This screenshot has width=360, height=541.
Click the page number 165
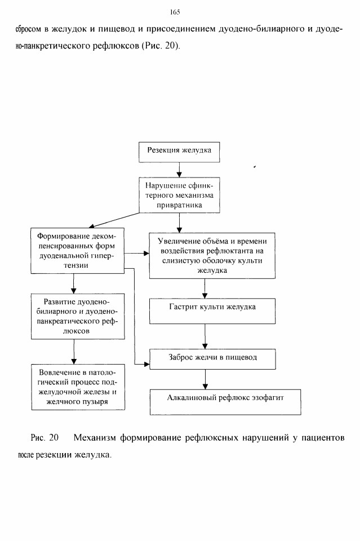pos(175,12)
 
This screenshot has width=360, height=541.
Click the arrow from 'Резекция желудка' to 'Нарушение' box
pos(179,170)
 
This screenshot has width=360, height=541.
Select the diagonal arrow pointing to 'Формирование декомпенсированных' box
pos(114,220)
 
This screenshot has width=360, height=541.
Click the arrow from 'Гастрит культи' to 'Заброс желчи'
pos(205,336)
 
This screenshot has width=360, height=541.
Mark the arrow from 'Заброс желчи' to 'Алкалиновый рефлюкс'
pos(205,379)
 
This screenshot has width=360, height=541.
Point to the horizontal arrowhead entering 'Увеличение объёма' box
pos(146,254)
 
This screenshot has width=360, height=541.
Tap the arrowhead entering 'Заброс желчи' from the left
pos(146,364)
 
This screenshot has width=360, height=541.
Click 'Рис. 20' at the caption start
pos(45,438)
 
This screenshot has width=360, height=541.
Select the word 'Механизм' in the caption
pos(94,438)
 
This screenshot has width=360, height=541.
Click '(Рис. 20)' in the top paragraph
pos(161,46)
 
